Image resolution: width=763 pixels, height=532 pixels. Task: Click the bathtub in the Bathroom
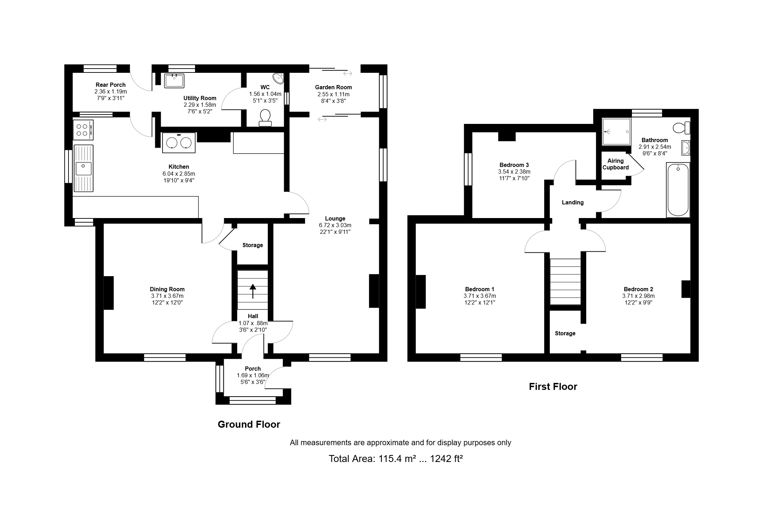click(678, 190)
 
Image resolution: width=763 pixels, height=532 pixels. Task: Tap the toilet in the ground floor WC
click(265, 118)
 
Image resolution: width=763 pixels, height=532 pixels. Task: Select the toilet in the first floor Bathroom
click(682, 128)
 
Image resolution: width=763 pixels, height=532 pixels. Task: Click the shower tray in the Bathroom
click(616, 132)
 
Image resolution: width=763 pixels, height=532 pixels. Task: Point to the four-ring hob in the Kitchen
click(84, 130)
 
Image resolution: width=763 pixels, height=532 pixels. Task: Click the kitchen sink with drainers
click(84, 169)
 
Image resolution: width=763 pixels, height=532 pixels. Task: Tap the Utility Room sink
click(174, 80)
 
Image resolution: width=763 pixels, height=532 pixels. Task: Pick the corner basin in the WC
click(279, 78)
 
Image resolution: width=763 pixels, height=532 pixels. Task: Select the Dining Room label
click(167, 289)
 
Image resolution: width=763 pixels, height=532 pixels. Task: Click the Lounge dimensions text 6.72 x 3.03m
click(335, 225)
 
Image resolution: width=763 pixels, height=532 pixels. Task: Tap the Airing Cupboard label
click(616, 164)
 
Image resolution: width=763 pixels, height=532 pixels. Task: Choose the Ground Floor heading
click(249, 425)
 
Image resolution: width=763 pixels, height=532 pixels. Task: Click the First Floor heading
click(553, 386)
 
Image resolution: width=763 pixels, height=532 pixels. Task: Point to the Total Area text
click(396, 458)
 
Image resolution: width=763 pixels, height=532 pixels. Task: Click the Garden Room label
click(333, 87)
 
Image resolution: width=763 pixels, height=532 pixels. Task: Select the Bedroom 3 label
click(514, 165)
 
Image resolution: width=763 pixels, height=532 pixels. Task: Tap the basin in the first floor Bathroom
click(686, 148)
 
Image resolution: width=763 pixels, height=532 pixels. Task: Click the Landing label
click(573, 202)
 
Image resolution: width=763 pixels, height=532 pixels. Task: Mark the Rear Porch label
click(110, 85)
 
